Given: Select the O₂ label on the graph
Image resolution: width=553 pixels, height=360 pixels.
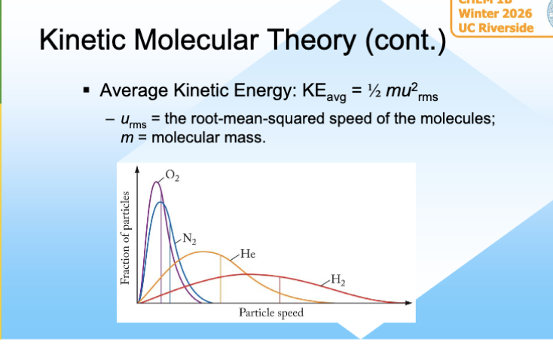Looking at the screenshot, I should coord(173,177).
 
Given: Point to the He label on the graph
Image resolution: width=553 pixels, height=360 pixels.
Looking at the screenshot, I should coord(247,253).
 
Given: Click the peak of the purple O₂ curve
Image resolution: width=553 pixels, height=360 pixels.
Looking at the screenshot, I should coord(156,182).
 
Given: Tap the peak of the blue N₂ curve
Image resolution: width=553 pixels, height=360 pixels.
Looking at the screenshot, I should coord(160,202).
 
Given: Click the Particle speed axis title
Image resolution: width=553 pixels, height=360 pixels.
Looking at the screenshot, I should coord(271,313).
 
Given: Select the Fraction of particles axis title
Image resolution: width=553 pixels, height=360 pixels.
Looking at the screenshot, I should coord(126,237).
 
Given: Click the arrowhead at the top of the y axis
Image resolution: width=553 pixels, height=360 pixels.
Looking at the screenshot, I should coord(137,168).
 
